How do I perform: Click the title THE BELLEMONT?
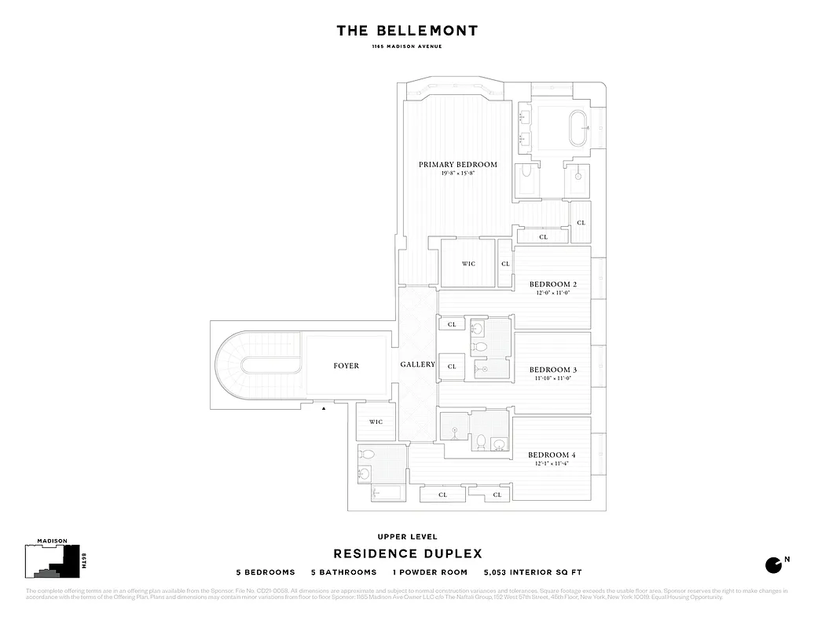click(x=407, y=31)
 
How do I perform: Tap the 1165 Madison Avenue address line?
click(x=407, y=47)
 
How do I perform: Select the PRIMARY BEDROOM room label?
click(x=457, y=164)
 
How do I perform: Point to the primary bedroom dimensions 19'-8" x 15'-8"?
click(x=457, y=173)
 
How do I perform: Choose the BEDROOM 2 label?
click(x=553, y=284)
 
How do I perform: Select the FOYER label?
click(x=346, y=366)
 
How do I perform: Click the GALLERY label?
click(x=417, y=365)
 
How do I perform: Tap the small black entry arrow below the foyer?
click(x=324, y=408)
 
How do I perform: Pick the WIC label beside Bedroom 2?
click(x=468, y=264)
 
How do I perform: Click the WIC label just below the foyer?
click(x=376, y=422)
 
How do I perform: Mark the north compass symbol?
click(x=775, y=564)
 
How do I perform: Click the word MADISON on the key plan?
click(x=52, y=542)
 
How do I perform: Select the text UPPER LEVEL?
click(x=407, y=537)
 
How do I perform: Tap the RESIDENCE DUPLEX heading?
click(x=407, y=554)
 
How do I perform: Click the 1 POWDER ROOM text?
click(x=431, y=572)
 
